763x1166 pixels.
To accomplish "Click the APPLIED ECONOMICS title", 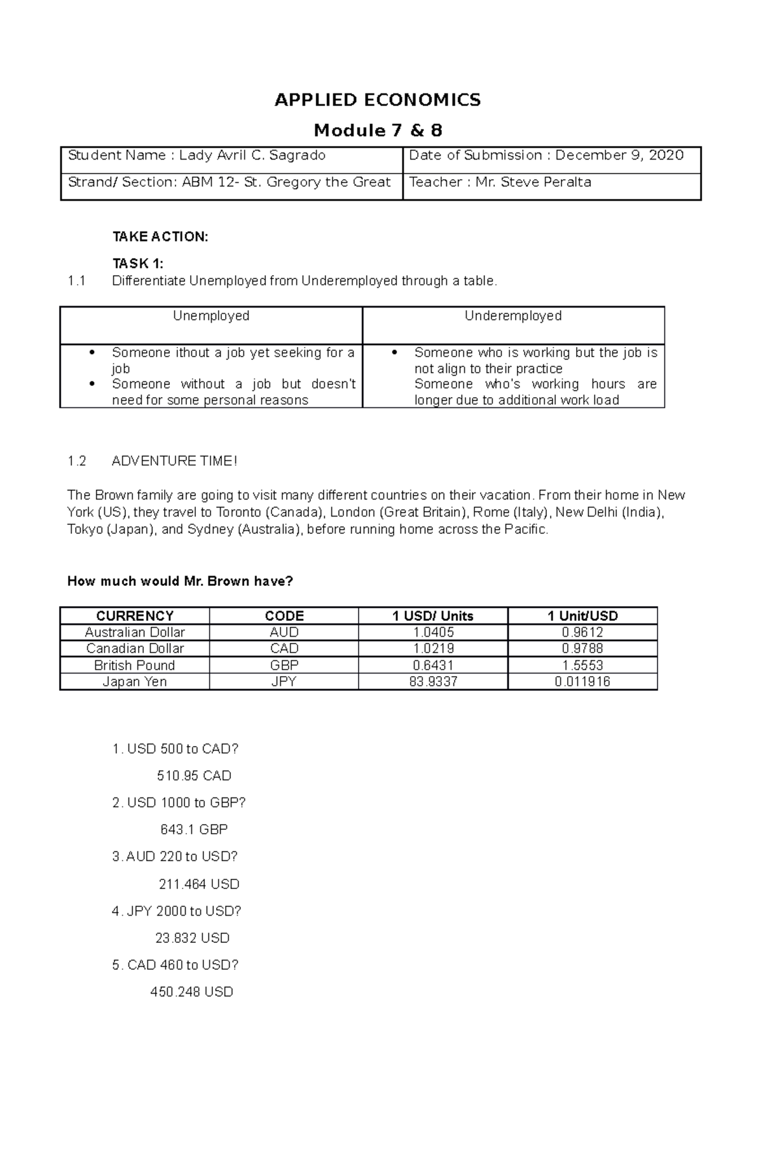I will tap(378, 100).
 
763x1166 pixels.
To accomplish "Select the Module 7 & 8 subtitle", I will tap(378, 131).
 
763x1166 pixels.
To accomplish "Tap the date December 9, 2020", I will tap(619, 156).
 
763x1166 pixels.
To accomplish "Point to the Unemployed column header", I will tap(211, 316).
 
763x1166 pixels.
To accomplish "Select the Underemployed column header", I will tap(512, 316).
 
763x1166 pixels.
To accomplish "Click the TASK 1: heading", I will tap(138, 263).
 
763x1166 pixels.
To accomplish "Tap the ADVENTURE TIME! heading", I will tap(174, 461).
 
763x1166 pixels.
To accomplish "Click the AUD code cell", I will tap(284, 632).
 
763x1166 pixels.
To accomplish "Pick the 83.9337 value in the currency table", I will tap(433, 682).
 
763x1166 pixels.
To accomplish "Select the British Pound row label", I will tap(134, 665).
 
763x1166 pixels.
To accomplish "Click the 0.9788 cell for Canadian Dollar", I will tap(582, 649).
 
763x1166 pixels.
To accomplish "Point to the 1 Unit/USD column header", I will tap(582, 616).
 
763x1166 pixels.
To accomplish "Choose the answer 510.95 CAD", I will tap(194, 776).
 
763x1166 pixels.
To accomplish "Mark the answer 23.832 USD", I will tap(192, 938).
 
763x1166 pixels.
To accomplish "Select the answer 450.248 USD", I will tap(191, 992).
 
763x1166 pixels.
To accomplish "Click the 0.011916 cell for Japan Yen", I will tap(582, 682).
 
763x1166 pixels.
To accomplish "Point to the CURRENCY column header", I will tap(134, 616).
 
